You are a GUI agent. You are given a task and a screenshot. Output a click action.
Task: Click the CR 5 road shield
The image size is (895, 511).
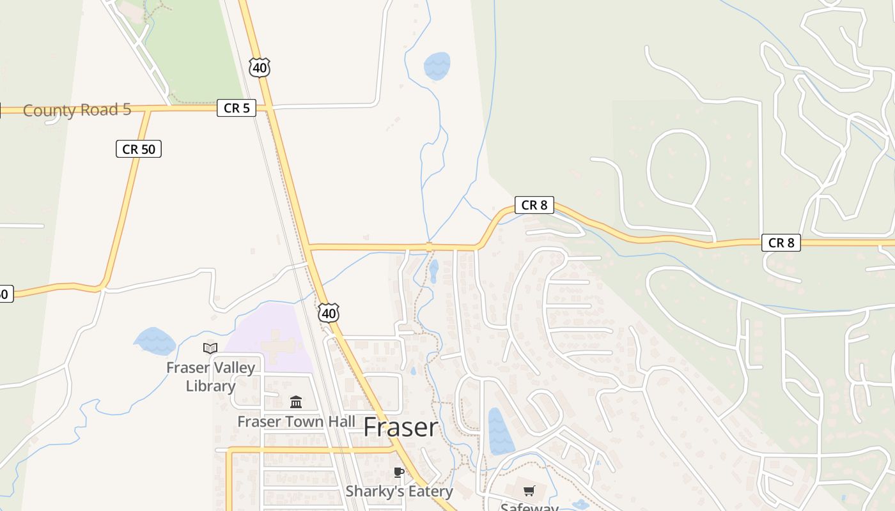tap(237, 109)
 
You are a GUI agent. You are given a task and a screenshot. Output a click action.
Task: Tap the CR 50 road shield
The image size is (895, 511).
tap(139, 149)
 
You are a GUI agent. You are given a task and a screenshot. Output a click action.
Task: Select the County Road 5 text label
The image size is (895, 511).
tap(77, 110)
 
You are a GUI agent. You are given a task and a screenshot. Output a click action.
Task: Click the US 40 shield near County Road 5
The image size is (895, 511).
tap(260, 67)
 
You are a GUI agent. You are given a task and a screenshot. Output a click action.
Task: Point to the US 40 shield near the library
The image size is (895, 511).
tap(329, 313)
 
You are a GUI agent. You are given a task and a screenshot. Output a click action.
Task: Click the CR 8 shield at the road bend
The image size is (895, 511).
tap(534, 205)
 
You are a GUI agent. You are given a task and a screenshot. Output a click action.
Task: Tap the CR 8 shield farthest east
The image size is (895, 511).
tap(781, 243)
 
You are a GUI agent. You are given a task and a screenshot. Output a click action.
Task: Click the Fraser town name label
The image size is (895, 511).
tap(401, 427)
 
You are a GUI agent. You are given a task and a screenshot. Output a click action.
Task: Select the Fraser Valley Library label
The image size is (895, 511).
tap(210, 377)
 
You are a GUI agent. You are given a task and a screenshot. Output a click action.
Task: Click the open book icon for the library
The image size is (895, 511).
tap(210, 348)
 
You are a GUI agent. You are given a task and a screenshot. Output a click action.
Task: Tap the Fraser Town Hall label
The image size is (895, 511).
tap(296, 422)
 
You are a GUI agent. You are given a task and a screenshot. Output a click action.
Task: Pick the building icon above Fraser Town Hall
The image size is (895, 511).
tap(296, 402)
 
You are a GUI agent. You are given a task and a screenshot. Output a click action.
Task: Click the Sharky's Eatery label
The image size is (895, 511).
tap(399, 491)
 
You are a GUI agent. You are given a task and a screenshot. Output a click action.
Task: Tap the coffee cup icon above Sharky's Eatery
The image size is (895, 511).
tap(399, 473)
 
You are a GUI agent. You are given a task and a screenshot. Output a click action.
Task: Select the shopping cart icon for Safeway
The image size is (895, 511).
tap(529, 491)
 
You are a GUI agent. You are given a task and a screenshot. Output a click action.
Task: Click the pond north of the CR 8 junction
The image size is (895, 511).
tap(437, 65)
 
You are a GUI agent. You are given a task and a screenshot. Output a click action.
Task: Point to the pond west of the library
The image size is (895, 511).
tap(154, 341)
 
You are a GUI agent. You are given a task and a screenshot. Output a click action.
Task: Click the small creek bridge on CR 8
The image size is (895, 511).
tap(429, 247)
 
